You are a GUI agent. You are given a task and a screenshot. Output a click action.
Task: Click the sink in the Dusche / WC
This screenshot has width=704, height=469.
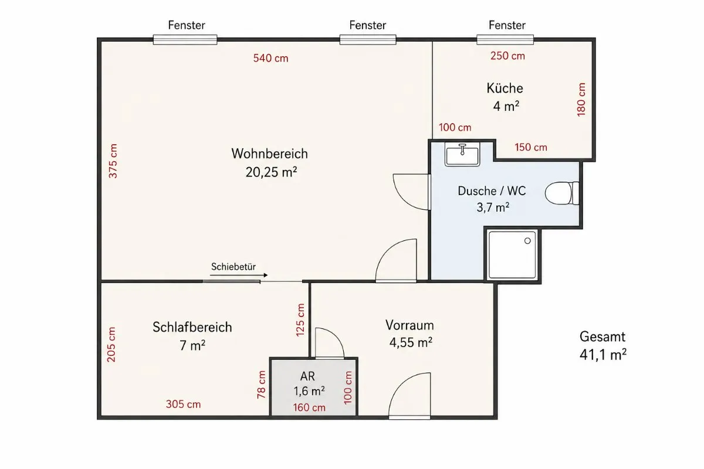click(462, 154)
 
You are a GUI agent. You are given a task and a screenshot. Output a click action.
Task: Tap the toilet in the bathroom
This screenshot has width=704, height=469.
click(562, 193)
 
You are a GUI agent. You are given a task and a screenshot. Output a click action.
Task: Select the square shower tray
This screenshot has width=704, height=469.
click(512, 255)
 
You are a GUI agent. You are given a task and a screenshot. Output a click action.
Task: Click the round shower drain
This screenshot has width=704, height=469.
click(527, 240)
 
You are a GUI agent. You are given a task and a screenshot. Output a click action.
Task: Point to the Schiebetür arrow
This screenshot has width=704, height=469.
click(239, 275)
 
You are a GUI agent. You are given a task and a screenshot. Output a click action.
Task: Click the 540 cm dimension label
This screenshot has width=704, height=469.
click(270, 58)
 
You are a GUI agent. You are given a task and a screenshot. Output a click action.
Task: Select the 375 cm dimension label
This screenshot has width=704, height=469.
click(113, 161)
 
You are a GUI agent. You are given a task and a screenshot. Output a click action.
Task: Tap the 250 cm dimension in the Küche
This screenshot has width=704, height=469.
click(507, 56)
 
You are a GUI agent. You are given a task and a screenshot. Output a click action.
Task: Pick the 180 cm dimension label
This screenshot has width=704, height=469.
click(581, 100)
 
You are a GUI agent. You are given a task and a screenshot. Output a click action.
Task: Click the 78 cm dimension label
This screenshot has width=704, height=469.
click(262, 385)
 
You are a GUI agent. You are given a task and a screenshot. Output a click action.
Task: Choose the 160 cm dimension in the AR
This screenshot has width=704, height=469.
click(309, 407)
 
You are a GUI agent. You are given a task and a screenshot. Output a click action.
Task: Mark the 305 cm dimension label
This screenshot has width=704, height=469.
click(183, 404)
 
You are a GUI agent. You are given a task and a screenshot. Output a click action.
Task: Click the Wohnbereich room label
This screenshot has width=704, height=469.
click(270, 154)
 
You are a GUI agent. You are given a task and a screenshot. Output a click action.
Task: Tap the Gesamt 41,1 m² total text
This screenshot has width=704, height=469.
click(603, 345)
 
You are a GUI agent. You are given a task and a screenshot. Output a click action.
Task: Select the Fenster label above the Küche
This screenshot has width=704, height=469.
click(507, 25)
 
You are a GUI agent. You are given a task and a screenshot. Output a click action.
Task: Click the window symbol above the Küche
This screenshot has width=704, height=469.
click(505, 40)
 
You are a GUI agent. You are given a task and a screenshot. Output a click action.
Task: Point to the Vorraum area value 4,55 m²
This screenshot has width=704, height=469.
click(411, 342)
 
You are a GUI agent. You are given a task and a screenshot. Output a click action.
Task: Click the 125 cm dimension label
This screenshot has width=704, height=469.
click(300, 320)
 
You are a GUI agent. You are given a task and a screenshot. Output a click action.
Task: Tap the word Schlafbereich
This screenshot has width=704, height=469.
click(192, 327)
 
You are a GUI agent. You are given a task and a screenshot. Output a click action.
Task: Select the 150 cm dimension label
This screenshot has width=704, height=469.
click(531, 147)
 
